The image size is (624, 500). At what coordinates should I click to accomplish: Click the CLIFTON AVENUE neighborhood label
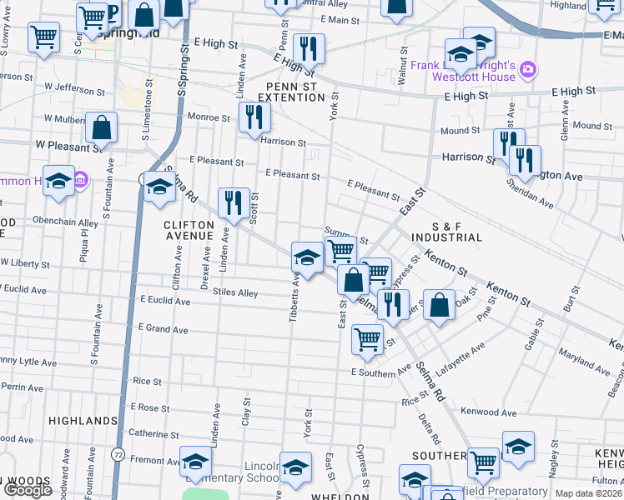189,230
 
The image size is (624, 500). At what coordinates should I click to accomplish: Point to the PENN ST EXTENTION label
295,92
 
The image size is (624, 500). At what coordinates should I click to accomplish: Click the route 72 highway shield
118,455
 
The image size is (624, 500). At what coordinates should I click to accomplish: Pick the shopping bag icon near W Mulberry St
101,127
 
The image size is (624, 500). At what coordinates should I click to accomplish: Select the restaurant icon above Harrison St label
254,117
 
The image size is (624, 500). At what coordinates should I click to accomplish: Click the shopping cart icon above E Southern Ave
367,339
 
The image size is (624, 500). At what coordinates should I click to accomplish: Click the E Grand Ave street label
164,329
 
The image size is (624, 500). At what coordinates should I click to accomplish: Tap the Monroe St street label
208,117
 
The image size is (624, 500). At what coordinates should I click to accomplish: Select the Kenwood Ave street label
489,412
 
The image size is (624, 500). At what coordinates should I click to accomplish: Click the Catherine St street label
153,433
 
